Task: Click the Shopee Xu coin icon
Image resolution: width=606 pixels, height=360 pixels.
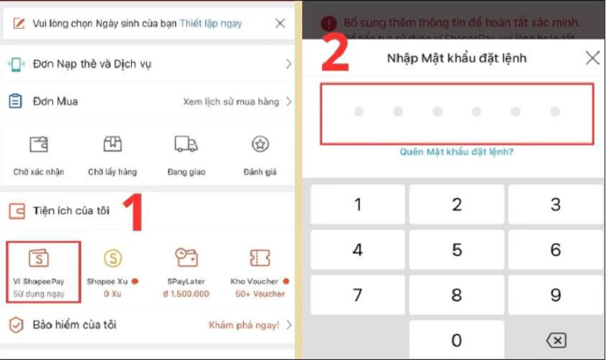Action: point(113,258)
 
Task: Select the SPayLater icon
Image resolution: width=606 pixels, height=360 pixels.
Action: point(186,258)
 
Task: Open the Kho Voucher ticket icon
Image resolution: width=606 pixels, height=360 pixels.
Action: point(260,258)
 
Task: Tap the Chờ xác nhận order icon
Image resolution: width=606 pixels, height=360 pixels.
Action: point(39,144)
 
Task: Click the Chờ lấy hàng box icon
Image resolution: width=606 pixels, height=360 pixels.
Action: point(112,144)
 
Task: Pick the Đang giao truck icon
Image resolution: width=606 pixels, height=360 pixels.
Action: point(186,144)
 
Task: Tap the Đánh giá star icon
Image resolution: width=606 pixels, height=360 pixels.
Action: point(260,144)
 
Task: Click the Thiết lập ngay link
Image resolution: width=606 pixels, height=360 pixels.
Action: point(211,23)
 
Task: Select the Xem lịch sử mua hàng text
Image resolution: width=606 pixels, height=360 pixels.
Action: point(231,102)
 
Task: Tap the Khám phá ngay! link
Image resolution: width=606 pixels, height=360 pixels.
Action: point(244,325)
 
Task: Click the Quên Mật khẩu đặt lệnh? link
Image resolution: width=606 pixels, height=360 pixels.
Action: point(457,152)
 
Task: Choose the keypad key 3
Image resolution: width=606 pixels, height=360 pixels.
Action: point(555,205)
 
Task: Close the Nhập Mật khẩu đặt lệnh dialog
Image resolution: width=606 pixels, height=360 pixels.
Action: point(592,58)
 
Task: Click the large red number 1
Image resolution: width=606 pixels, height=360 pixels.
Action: point(133,214)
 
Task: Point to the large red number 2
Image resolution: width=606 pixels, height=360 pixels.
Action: point(335,51)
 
